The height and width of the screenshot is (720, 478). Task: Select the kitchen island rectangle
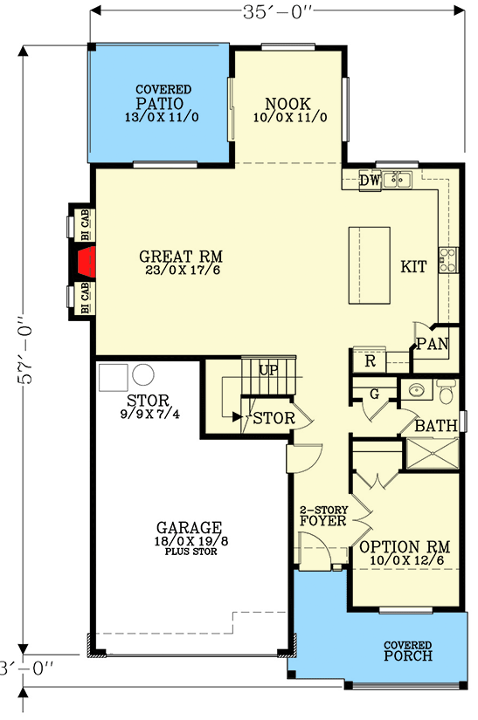(369, 265)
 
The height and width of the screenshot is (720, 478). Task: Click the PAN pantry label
(431, 344)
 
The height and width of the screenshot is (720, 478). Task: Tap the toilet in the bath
(445, 394)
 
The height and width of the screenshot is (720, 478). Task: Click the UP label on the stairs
(267, 370)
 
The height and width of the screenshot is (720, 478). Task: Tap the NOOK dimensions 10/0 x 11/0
(288, 117)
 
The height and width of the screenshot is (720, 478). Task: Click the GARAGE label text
(189, 528)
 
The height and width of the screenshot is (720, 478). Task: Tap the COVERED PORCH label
(406, 651)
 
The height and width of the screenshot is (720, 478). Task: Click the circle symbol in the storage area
(142, 377)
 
